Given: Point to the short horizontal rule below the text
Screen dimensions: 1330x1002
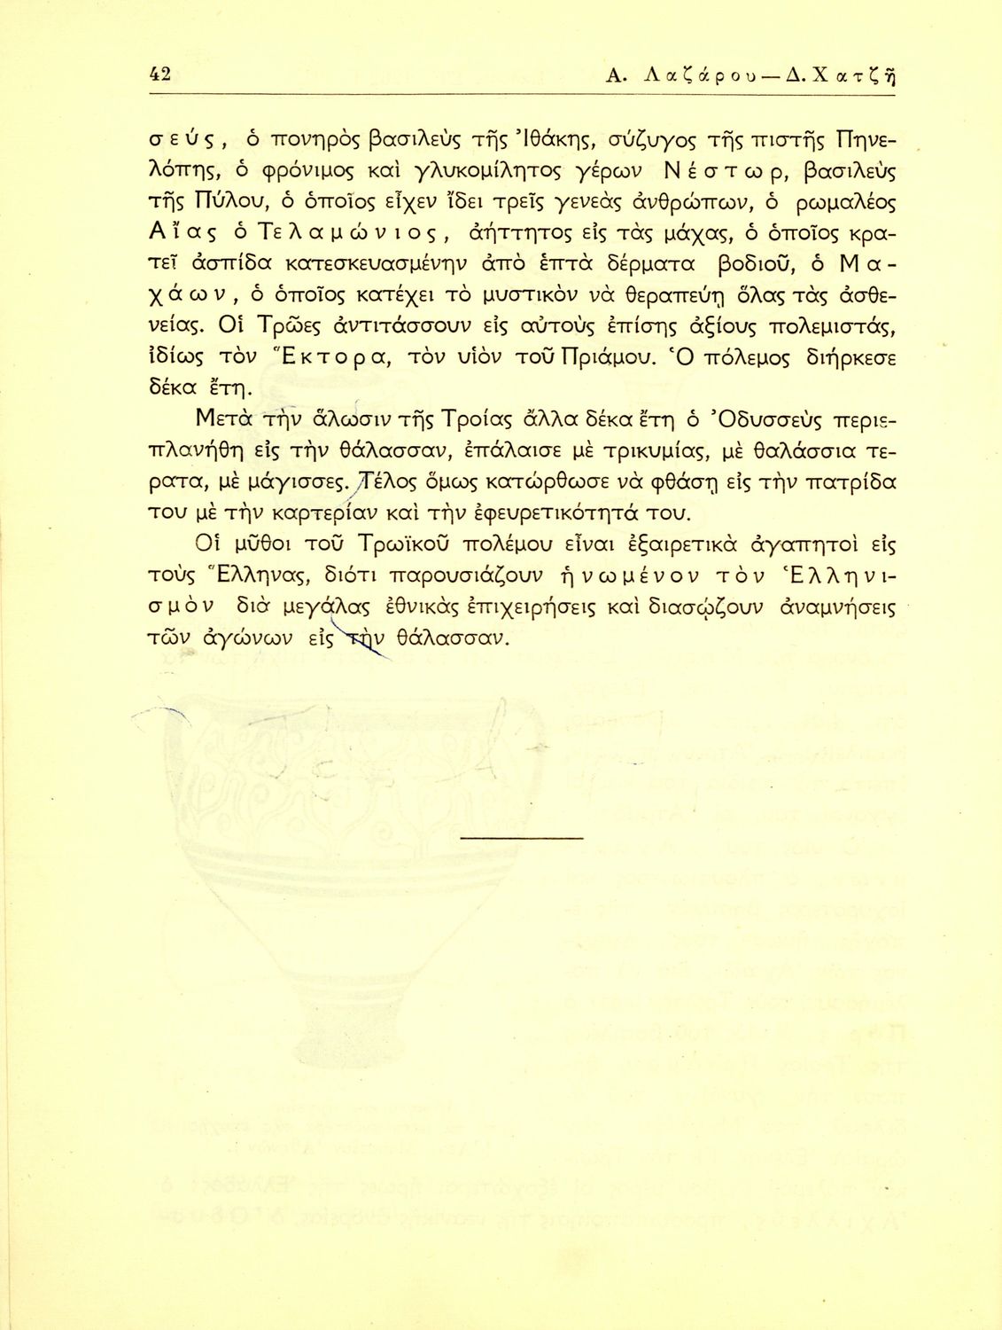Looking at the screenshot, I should [523, 837].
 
